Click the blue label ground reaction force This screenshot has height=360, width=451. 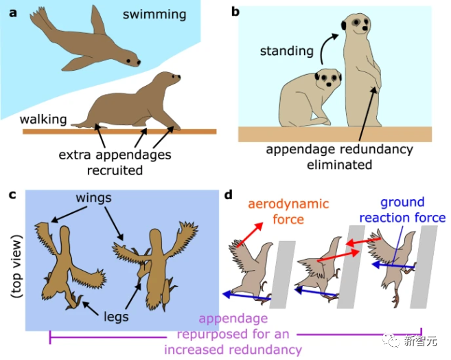[x=404, y=211]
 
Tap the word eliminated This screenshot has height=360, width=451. [x=339, y=165]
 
